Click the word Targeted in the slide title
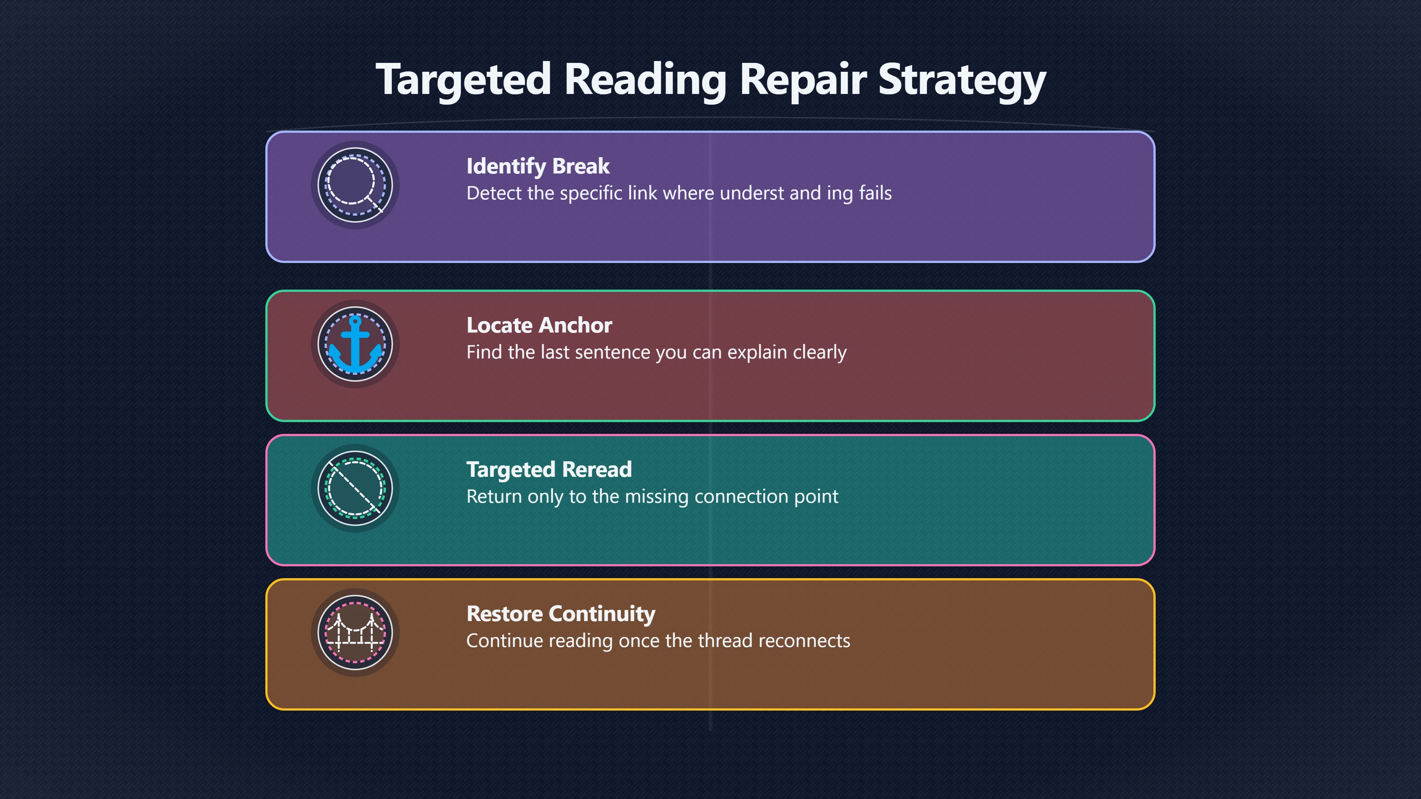[463, 80]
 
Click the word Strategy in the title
[961, 80]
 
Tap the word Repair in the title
[803, 80]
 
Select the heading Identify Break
[538, 166]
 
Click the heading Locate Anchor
[539, 326]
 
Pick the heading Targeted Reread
[549, 470]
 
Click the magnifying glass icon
[355, 185]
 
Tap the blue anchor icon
[355, 344]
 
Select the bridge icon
[355, 633]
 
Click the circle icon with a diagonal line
[355, 489]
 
